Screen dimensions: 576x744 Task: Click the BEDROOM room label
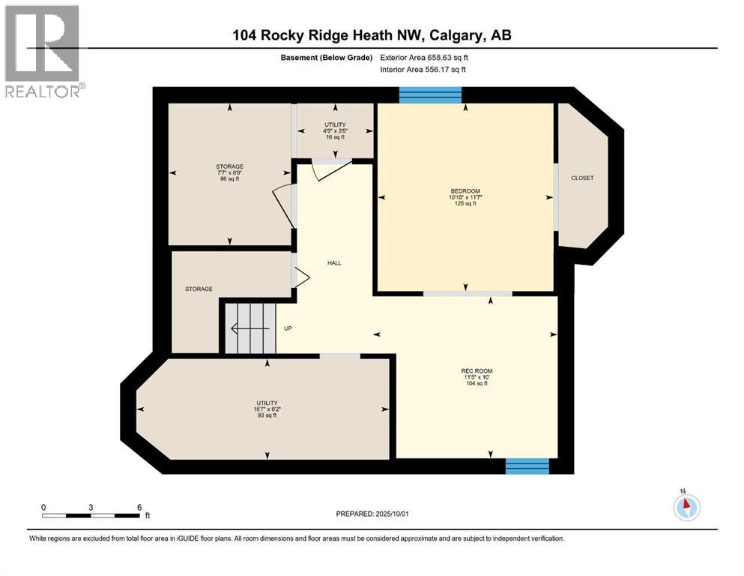[x=465, y=190]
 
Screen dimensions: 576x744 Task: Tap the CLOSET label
[x=581, y=178]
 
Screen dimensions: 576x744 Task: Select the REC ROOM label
[x=477, y=370]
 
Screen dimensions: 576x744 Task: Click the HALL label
[x=333, y=262]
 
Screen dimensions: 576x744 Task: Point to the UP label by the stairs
[x=288, y=328]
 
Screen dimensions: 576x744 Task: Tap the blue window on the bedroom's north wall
[x=429, y=94]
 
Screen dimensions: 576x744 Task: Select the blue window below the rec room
[x=527, y=466]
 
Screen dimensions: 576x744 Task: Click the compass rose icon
[x=686, y=506]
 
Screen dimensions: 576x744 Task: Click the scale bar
[x=91, y=515]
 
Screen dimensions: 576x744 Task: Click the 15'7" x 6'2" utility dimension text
[x=267, y=409]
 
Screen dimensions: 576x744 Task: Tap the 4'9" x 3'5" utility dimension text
[x=334, y=130]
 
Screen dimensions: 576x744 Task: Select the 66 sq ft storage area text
[x=229, y=180]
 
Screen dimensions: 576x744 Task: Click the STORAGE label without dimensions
[x=199, y=289]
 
